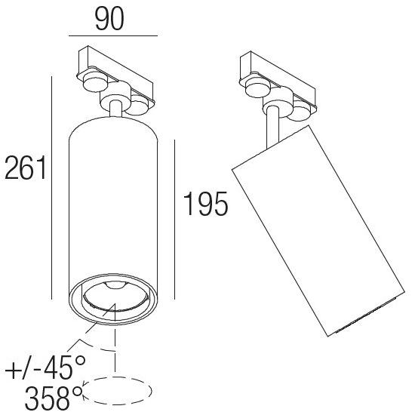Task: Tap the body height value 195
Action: [205, 204]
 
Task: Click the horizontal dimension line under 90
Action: [112, 35]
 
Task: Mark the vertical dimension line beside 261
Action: [51, 189]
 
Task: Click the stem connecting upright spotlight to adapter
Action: [114, 110]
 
